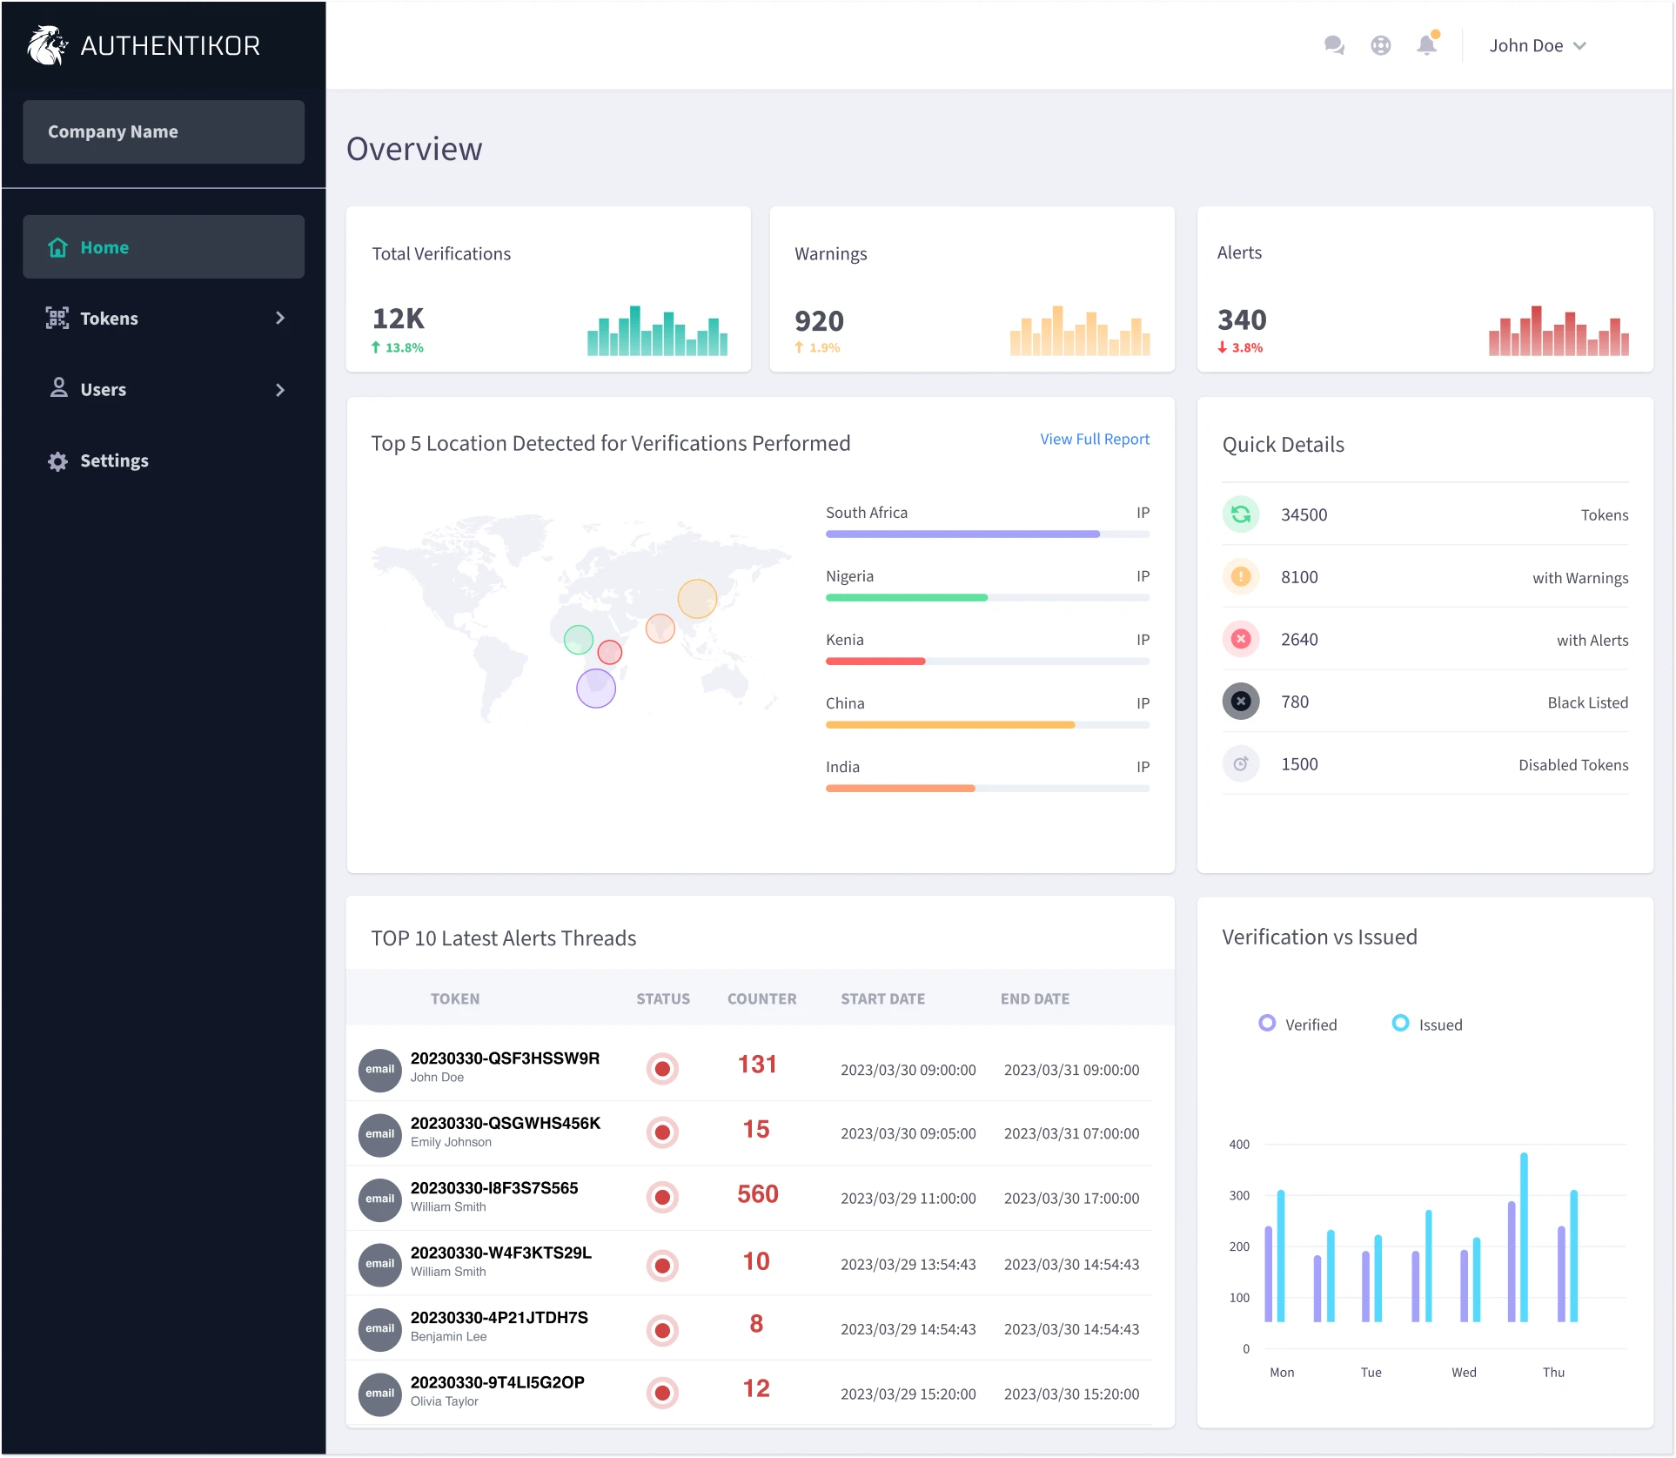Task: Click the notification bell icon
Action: tap(1426, 45)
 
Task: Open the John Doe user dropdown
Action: tap(1537, 45)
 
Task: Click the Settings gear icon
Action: tap(57, 461)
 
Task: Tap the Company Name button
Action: tap(164, 131)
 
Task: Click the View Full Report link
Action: tap(1094, 439)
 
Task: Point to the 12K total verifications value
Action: tap(399, 319)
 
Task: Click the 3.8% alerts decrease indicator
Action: tap(1241, 347)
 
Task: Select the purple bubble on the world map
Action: tap(596, 688)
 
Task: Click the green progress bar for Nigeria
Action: tap(906, 597)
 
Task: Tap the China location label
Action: tap(844, 703)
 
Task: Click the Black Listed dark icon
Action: tap(1241, 702)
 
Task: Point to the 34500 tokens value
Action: tap(1304, 514)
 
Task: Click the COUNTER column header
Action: tap(761, 998)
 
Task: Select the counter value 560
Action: tap(757, 1194)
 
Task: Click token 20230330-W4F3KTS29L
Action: tap(500, 1253)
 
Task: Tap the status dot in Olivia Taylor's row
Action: tap(662, 1393)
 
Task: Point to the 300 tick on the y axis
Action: tap(1238, 1195)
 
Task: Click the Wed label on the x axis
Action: tap(1463, 1372)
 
